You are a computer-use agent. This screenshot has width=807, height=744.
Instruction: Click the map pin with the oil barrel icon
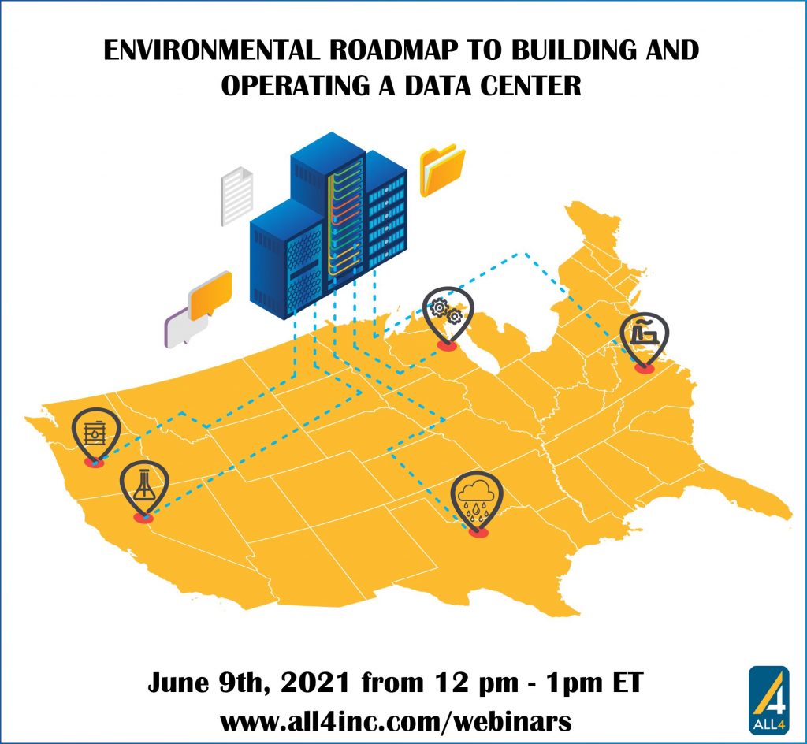tap(95, 434)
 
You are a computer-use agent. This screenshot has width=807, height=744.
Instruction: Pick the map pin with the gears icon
tap(448, 311)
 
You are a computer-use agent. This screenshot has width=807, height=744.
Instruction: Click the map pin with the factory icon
tap(644, 336)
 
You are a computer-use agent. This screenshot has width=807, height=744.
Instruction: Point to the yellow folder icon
tap(441, 168)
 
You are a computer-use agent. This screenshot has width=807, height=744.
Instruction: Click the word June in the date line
tap(182, 682)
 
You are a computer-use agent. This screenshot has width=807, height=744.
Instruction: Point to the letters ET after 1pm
tap(626, 682)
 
